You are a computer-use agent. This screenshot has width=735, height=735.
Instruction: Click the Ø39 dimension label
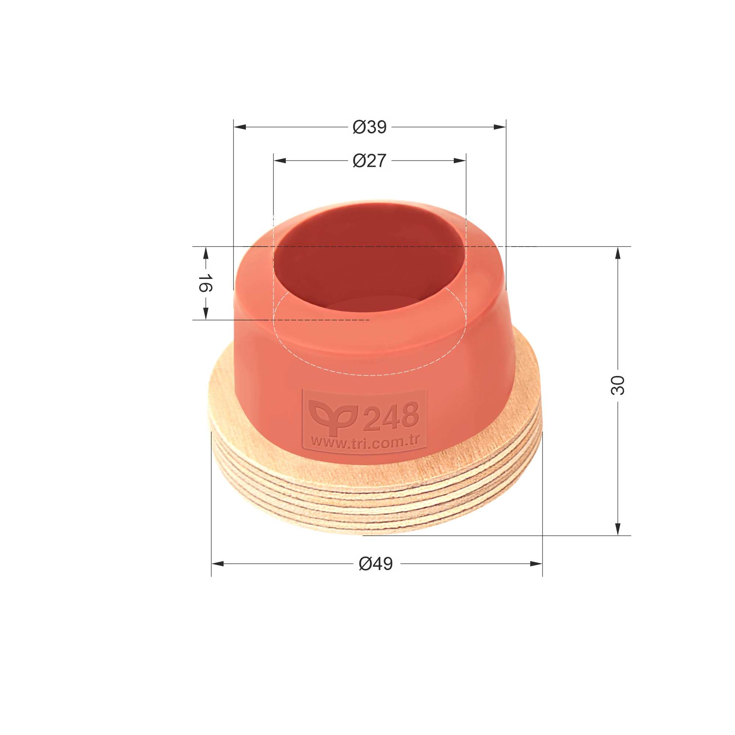pos(369,127)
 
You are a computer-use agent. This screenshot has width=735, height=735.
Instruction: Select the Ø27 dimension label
pos(369,161)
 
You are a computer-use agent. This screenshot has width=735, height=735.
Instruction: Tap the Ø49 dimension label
pos(376,564)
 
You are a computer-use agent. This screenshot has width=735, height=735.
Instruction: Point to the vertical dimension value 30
pos(617,386)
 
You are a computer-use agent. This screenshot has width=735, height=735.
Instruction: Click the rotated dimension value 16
pos(205,283)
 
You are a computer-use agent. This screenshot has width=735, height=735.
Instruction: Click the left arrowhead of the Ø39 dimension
pos(240,127)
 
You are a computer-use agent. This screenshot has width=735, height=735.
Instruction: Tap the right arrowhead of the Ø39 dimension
pos(499,127)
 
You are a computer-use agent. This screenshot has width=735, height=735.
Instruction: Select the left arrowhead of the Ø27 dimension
pos(280,161)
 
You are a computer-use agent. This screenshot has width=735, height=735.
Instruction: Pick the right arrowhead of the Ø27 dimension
pos(460,161)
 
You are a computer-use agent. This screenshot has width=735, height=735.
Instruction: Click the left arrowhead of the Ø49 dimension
pos(218,564)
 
